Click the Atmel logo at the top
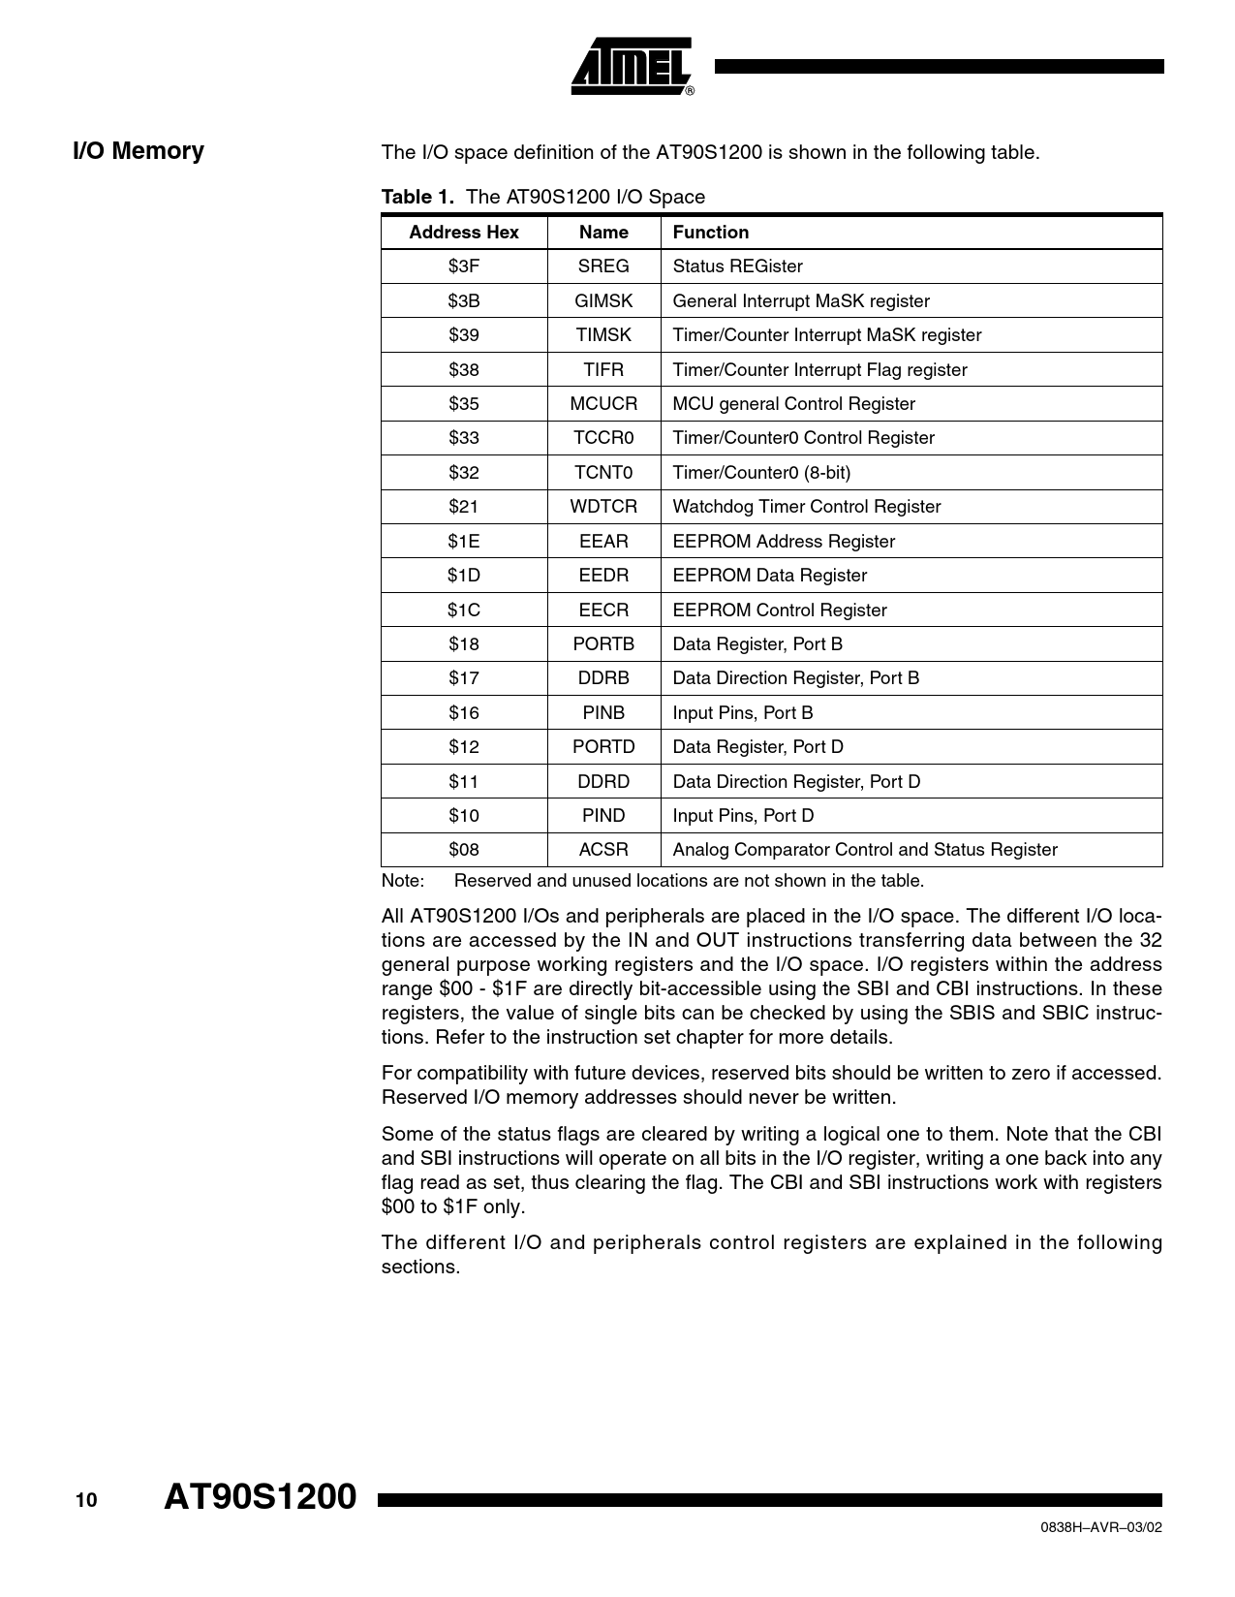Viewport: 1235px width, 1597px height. point(632,67)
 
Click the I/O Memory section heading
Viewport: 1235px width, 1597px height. point(139,151)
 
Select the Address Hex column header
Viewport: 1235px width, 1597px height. point(464,233)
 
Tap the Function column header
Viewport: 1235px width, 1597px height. point(711,233)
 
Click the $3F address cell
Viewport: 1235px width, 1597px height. point(464,266)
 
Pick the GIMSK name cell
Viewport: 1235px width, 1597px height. point(603,301)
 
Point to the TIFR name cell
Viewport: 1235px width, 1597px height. point(603,370)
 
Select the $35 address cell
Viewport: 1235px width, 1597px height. point(464,404)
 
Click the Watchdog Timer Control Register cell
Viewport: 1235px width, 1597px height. point(807,507)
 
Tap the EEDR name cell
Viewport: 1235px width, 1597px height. point(603,576)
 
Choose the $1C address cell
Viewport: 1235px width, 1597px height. point(464,611)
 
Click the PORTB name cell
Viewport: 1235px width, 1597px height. point(603,644)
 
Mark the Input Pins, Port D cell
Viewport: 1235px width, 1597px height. point(743,816)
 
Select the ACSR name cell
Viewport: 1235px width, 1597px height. point(603,850)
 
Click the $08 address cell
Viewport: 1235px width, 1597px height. point(464,850)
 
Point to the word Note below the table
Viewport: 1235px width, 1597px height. point(403,881)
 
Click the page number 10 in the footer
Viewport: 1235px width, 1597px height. point(86,1501)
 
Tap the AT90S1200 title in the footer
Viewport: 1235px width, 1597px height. point(261,1497)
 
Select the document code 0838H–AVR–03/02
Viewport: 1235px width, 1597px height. point(1100,1527)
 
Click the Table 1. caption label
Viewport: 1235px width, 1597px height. point(417,197)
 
